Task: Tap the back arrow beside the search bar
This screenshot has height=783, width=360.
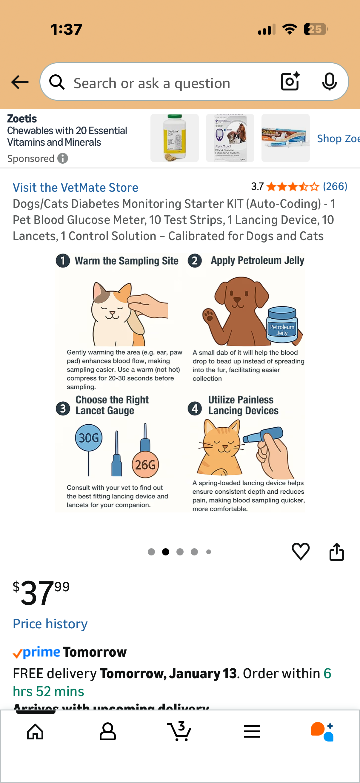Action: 20,82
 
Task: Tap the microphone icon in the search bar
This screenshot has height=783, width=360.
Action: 329,82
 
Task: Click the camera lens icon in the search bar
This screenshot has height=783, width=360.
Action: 290,82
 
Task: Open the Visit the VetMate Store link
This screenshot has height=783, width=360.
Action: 75,188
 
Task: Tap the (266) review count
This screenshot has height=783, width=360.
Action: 335,186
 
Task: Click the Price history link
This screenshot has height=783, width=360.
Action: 50,624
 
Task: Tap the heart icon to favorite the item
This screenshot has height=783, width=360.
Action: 301,551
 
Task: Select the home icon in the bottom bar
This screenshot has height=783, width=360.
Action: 35,731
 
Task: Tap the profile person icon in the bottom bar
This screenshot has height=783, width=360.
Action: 107,731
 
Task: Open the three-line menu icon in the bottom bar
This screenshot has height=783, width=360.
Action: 252,731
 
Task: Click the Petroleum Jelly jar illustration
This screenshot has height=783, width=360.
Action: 281,325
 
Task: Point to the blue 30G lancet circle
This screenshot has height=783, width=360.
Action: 88,438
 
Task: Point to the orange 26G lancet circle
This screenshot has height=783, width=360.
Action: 145,464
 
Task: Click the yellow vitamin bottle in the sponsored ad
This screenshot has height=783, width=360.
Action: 174,138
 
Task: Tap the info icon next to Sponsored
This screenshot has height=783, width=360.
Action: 63,158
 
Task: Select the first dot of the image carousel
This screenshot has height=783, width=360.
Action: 151,552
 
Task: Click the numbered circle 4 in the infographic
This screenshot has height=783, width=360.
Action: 195,408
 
